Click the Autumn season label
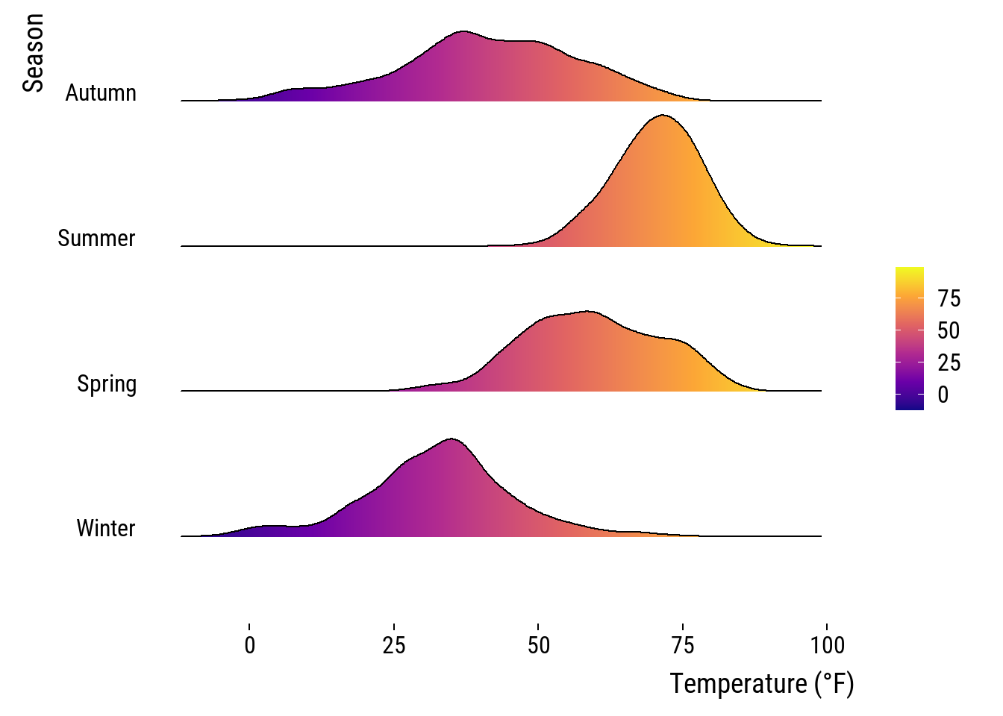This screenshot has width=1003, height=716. pyautogui.click(x=101, y=93)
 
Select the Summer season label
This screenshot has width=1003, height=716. pyautogui.click(x=96, y=239)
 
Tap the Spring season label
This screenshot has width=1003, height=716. pyautogui.click(x=107, y=384)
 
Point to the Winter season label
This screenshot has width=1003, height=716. pyautogui.click(x=106, y=529)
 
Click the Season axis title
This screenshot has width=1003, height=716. pyautogui.click(x=33, y=53)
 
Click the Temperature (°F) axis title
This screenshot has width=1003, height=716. pyautogui.click(x=761, y=683)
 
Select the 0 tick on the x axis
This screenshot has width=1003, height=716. pyautogui.click(x=250, y=644)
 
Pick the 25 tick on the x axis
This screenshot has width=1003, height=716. pyautogui.click(x=394, y=644)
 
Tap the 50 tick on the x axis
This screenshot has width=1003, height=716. pyautogui.click(x=539, y=644)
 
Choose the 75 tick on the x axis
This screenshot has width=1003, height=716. pyautogui.click(x=683, y=644)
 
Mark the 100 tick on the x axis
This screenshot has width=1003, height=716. pyautogui.click(x=827, y=644)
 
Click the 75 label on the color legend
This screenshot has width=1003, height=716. pyautogui.click(x=949, y=299)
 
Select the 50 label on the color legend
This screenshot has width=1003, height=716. pyautogui.click(x=949, y=331)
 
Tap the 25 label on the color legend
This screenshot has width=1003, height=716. pyautogui.click(x=949, y=363)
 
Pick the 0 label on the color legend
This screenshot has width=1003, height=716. pyautogui.click(x=943, y=395)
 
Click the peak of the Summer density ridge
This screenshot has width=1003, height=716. pyautogui.click(x=662, y=116)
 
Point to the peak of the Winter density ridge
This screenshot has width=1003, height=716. pyautogui.click(x=451, y=439)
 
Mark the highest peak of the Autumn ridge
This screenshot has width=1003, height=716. pyautogui.click(x=463, y=32)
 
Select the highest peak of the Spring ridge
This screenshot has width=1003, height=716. pyautogui.click(x=589, y=311)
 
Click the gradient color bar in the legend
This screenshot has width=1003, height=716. pyautogui.click(x=909, y=339)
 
